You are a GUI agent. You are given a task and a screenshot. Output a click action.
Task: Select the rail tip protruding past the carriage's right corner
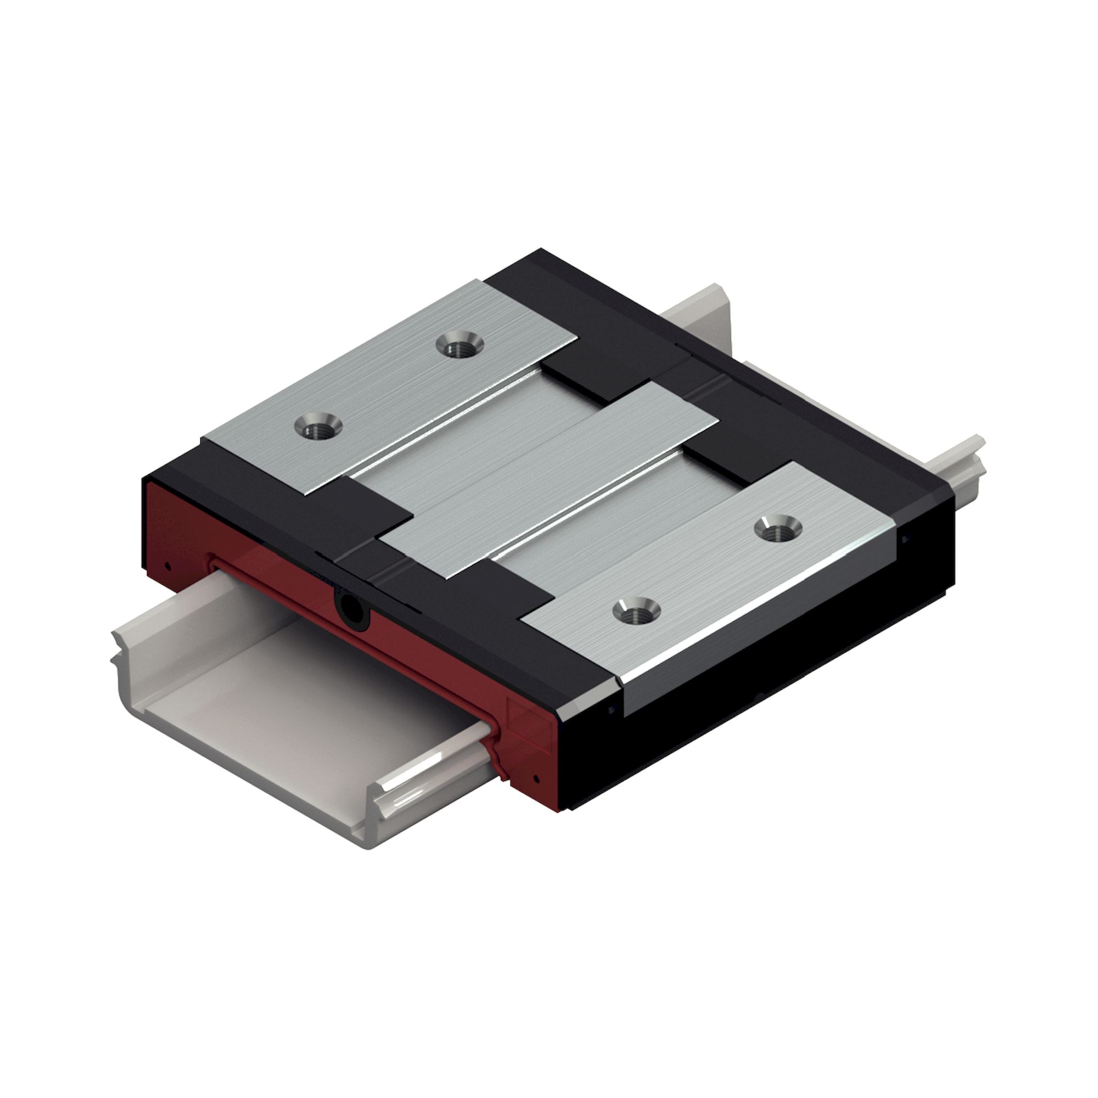pos(969,455)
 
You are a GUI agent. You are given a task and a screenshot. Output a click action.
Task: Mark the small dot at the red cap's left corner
pos(167,565)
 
